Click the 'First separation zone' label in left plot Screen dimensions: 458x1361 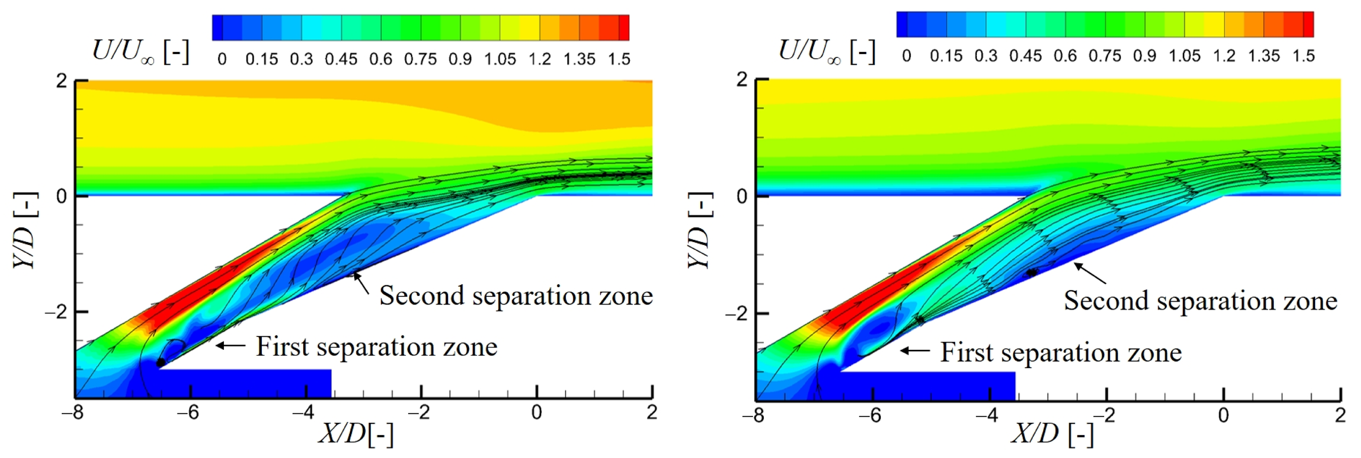[376, 347]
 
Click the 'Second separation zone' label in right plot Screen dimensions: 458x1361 [1200, 301]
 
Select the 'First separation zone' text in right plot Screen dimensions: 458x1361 [1061, 352]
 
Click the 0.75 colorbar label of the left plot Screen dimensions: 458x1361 [420, 59]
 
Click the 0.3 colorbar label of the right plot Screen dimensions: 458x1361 [986, 56]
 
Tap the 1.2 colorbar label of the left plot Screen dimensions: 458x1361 [540, 59]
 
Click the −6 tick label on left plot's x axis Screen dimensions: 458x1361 [188, 412]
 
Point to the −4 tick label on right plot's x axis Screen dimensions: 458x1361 [986, 415]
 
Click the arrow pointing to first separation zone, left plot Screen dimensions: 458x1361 [230, 346]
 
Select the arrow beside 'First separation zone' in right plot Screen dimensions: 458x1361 [915, 350]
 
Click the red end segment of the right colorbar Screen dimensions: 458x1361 [1308, 24]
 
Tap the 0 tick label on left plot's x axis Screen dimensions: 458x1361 [536, 412]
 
